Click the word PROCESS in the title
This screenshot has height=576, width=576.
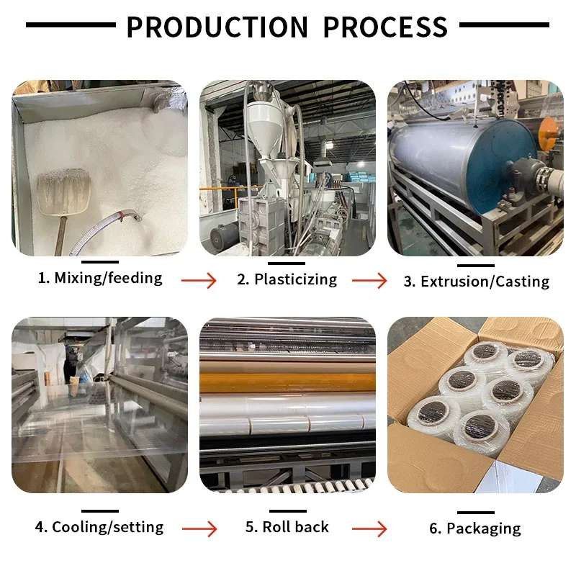coord(385,27)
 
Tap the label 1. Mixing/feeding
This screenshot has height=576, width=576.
coord(100,277)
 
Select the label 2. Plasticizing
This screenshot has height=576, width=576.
coord(287,279)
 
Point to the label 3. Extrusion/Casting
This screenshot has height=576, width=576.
coord(476,282)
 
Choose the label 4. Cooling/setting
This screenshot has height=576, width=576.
coord(99,527)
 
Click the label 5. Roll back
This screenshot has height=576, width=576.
coord(287,527)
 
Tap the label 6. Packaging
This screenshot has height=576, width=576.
coord(475,528)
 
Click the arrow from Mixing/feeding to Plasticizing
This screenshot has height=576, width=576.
coord(199,279)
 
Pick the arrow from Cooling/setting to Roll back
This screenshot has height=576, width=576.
coord(199,528)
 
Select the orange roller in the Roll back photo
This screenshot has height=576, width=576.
coord(287,382)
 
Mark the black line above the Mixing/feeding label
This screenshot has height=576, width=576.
coord(100,262)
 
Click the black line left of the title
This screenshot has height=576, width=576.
coord(71,25)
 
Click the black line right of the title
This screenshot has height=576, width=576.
coord(504,25)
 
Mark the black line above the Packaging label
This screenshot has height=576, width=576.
coord(475,512)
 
